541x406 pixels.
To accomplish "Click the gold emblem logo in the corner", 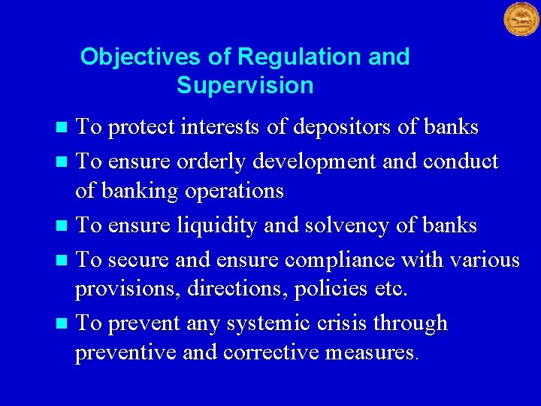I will (521, 20).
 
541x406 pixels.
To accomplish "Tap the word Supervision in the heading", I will (245, 86).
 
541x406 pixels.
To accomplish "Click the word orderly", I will (210, 162).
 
